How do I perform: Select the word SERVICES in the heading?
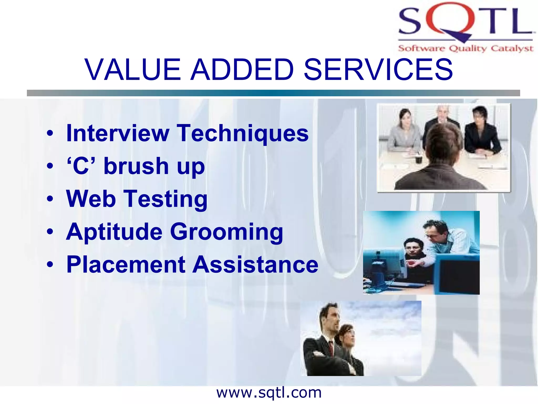click(x=378, y=70)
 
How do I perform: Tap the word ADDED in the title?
click(x=242, y=70)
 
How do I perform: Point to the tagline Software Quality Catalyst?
click(x=465, y=48)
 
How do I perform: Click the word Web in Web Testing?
click(x=91, y=199)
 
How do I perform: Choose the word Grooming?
click(x=226, y=232)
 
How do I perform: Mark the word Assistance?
click(x=255, y=265)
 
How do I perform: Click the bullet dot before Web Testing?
click(x=50, y=199)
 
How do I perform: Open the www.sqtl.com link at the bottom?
click(x=269, y=393)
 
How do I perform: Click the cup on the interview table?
click(x=418, y=159)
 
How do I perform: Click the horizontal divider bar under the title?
click(x=273, y=93)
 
